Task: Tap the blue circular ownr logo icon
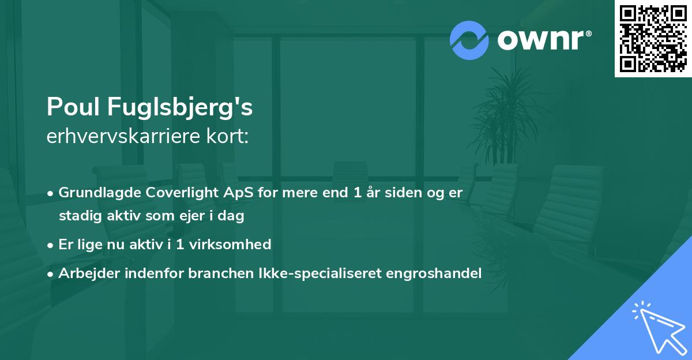coord(469,40)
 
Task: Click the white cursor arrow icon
coord(657,325)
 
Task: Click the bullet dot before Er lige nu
coord(51,245)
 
